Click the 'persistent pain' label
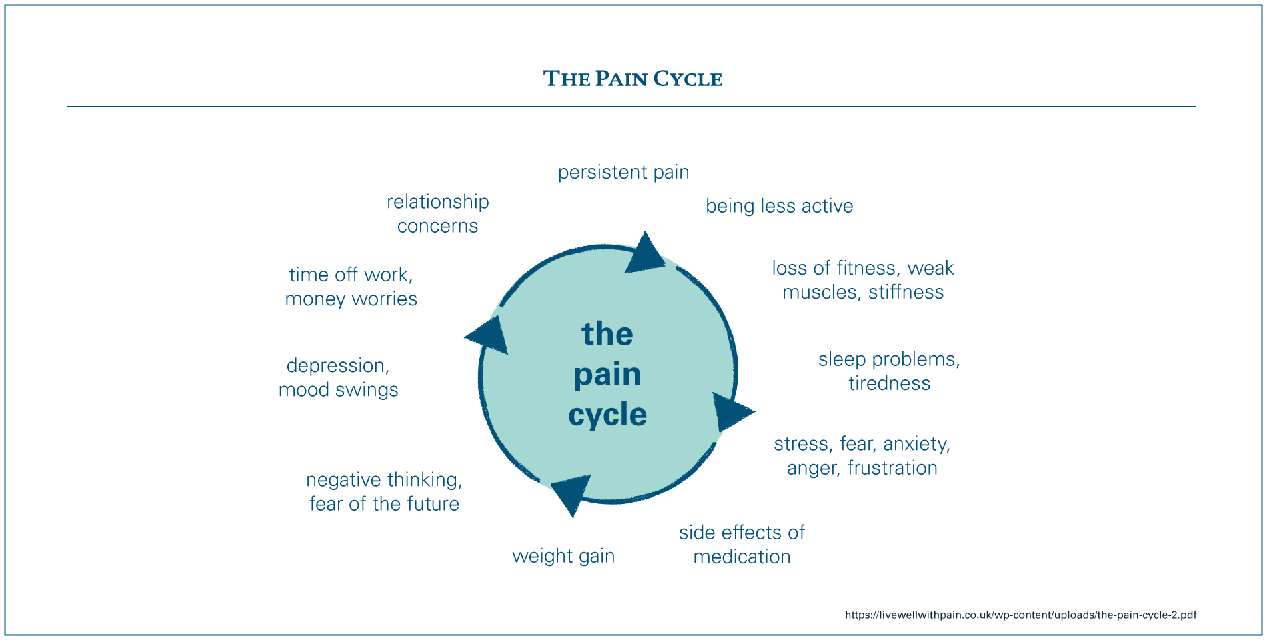(623, 173)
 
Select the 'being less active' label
(780, 206)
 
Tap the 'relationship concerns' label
(438, 214)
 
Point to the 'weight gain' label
(563, 556)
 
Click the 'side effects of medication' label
(742, 545)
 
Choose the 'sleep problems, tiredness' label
(889, 371)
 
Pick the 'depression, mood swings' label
(338, 377)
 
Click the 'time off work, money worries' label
(351, 287)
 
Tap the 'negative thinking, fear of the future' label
(384, 491)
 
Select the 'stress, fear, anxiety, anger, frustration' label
(862, 456)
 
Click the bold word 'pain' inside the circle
(607, 375)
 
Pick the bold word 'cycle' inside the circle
(607, 415)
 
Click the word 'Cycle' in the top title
(688, 79)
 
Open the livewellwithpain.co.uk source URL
(1021, 615)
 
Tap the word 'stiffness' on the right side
(906, 292)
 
